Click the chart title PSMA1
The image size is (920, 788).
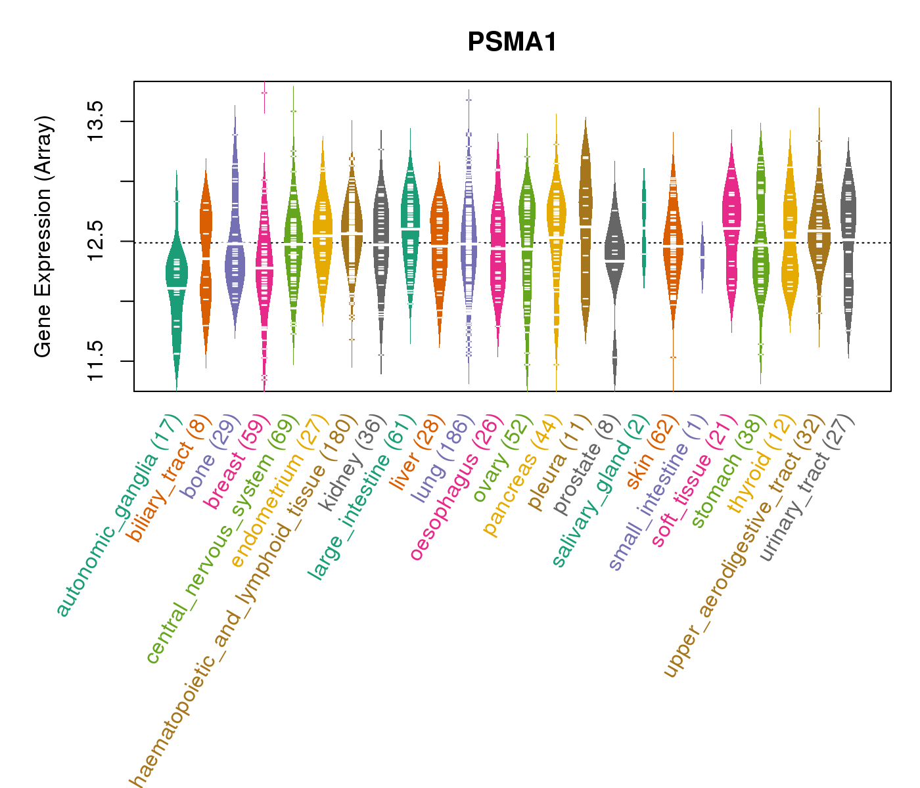click(512, 43)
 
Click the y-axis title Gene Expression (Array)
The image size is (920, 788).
click(43, 238)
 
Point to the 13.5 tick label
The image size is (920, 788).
click(96, 121)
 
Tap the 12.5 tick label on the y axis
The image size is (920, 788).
click(96, 241)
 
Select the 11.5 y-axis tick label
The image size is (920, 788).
click(96, 361)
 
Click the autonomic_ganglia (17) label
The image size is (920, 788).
click(118, 516)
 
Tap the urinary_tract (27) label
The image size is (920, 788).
click(807, 489)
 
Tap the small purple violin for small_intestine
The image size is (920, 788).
click(702, 256)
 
